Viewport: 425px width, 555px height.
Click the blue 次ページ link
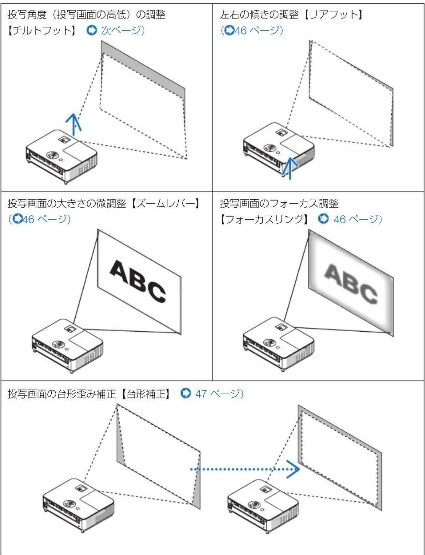pos(122,31)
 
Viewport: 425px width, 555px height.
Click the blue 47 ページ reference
pos(219,394)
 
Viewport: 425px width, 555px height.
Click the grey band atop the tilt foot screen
pos(144,68)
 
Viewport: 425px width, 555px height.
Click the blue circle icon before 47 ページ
pos(185,393)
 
